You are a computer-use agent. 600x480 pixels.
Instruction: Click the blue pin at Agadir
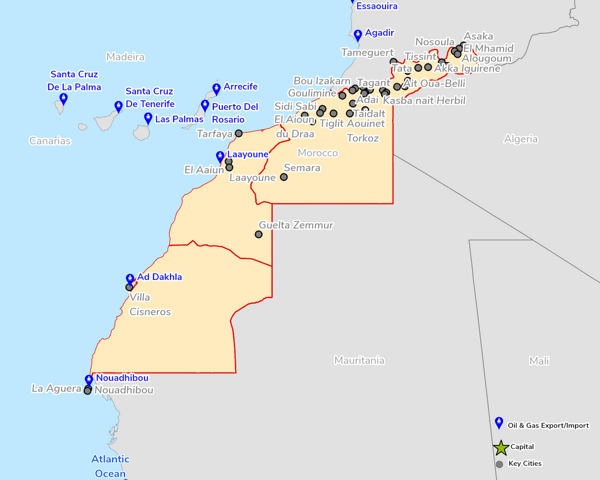click(358, 36)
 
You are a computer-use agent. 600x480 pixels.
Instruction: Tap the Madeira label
click(126, 57)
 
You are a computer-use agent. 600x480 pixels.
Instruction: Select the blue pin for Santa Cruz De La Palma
click(63, 99)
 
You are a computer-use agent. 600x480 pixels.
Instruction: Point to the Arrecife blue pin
click(217, 88)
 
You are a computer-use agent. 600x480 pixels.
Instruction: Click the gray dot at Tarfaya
click(239, 133)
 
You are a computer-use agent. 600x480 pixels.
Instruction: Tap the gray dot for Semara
click(284, 177)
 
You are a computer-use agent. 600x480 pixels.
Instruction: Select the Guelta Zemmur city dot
click(258, 234)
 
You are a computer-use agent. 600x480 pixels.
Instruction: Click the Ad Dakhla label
click(159, 277)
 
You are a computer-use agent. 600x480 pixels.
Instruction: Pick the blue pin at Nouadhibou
click(89, 381)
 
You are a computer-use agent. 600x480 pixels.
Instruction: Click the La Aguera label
click(56, 388)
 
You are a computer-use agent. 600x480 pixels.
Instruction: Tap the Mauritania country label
click(359, 361)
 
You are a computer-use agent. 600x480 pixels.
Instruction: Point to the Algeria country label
click(521, 139)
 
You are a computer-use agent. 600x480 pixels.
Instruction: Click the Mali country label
click(539, 361)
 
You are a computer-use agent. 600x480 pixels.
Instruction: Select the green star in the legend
click(501, 447)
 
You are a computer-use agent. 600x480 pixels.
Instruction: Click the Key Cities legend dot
click(499, 464)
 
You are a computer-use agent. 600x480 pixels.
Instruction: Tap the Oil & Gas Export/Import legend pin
click(499, 423)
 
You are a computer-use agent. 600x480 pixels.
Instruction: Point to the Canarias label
click(50, 141)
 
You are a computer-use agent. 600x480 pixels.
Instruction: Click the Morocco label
click(318, 153)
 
